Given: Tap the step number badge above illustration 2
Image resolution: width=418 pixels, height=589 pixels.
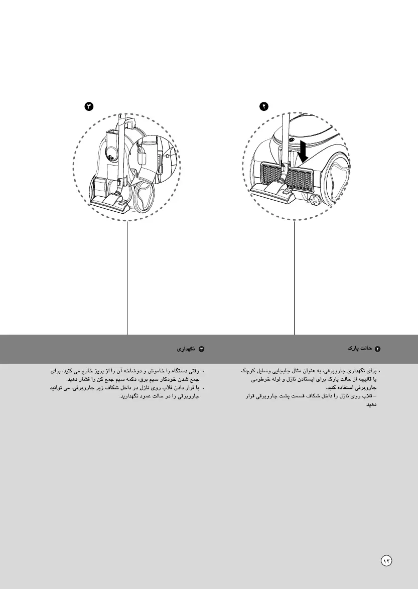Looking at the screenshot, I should coord(263,106).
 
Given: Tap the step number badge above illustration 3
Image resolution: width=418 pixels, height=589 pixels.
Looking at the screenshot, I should coord(89,106).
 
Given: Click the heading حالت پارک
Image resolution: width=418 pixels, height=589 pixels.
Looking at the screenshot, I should coord(359,347).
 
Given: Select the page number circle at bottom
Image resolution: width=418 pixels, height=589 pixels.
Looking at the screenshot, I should coord(386,560).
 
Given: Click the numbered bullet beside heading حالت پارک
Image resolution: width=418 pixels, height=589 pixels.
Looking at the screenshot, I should coord(378,348).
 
